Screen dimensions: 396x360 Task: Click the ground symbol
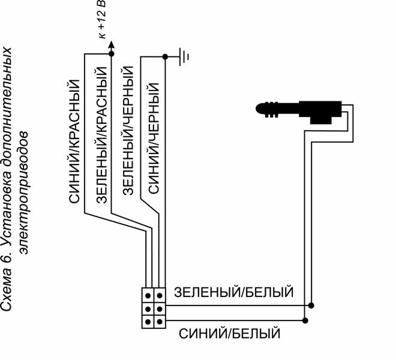coord(184,57)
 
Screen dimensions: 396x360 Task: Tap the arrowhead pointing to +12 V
coord(111,45)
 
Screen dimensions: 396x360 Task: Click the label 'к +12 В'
coord(102,20)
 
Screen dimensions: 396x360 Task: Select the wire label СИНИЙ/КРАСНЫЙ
coord(74,141)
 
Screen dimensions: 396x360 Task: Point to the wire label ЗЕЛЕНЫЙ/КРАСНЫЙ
coord(102,135)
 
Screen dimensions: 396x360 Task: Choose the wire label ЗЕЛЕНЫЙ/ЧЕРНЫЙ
coord(128,130)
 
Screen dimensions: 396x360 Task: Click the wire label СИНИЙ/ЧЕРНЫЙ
coord(154,138)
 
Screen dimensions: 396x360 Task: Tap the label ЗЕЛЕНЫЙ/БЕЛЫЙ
coord(233,292)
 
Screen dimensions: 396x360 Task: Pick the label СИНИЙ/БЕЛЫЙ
coord(230,334)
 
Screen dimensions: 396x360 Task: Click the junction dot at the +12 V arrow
coord(111,53)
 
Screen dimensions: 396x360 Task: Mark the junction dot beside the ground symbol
coord(165,57)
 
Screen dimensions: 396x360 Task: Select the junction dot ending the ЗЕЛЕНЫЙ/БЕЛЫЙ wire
coord(311,305)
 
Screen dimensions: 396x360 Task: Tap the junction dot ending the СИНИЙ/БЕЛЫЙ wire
coord(305,320)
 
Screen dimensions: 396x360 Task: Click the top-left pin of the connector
coord(148,295)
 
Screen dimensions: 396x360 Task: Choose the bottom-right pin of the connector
coord(160,322)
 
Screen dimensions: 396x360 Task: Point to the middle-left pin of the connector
coord(148,309)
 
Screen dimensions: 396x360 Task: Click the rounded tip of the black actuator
coord(258,109)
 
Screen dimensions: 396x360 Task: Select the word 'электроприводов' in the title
coord(24,193)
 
